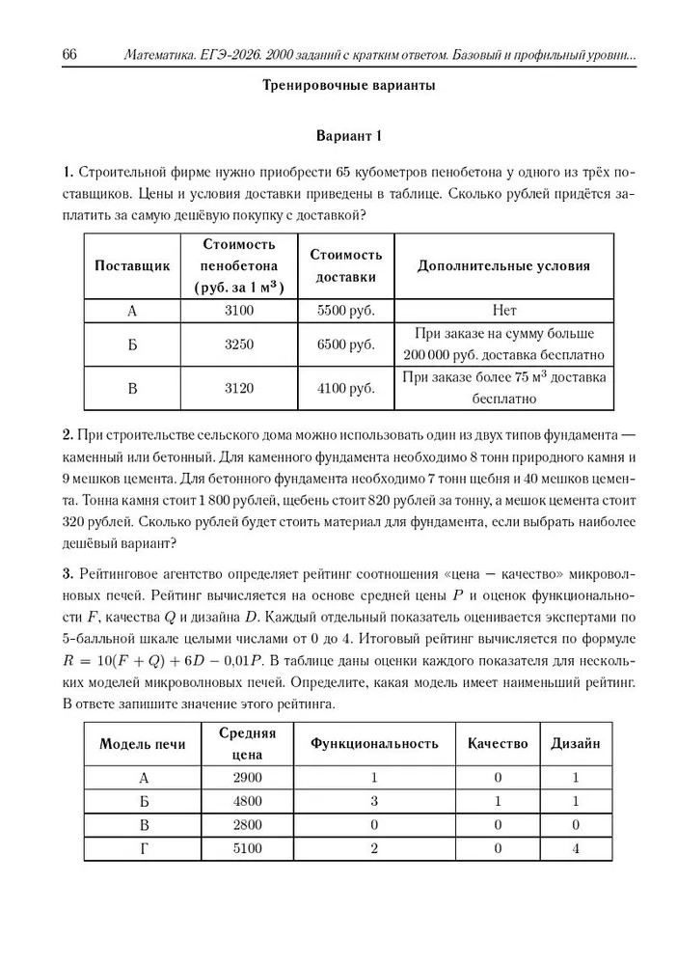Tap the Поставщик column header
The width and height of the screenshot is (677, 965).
click(133, 264)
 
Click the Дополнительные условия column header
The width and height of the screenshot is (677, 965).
click(502, 264)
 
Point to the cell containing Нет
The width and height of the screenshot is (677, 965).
click(502, 311)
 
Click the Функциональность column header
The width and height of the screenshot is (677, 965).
click(374, 743)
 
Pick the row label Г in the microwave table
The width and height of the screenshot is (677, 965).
click(144, 848)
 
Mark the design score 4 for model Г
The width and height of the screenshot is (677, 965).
click(575, 848)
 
